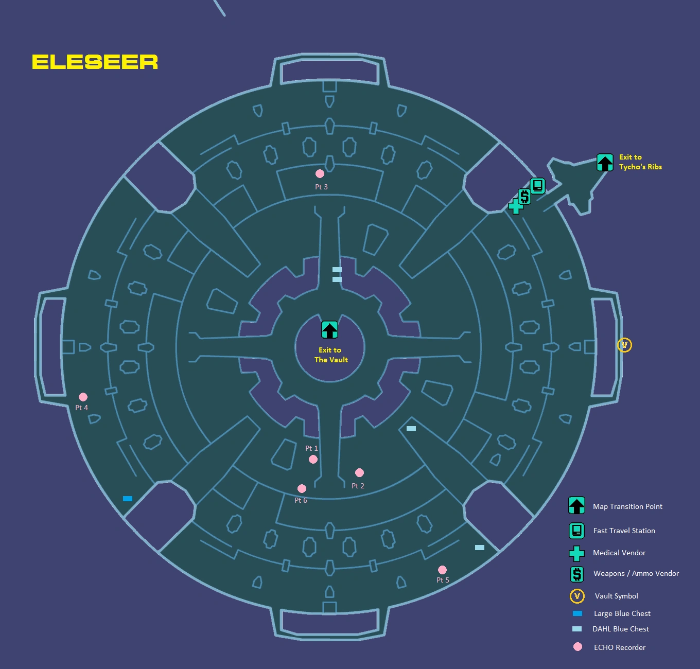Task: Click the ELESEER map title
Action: tap(95, 62)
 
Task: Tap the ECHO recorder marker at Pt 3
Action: tap(320, 174)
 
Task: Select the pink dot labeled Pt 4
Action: tap(83, 397)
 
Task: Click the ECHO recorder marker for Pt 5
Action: tap(442, 570)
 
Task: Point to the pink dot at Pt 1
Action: tap(313, 459)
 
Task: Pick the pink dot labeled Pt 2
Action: tap(359, 472)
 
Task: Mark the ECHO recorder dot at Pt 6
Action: tap(302, 488)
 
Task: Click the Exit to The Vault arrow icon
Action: tap(329, 330)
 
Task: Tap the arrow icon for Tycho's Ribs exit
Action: tap(605, 162)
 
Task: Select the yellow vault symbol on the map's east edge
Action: tap(624, 345)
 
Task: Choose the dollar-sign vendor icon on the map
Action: tap(524, 196)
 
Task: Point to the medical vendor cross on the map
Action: tap(515, 206)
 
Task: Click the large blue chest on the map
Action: tap(128, 498)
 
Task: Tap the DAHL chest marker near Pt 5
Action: tap(479, 548)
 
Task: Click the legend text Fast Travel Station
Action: tap(624, 531)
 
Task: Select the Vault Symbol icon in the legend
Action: tap(576, 596)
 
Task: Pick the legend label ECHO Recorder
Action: tap(619, 647)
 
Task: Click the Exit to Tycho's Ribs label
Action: tap(640, 162)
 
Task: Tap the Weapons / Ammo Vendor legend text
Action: tap(636, 573)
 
